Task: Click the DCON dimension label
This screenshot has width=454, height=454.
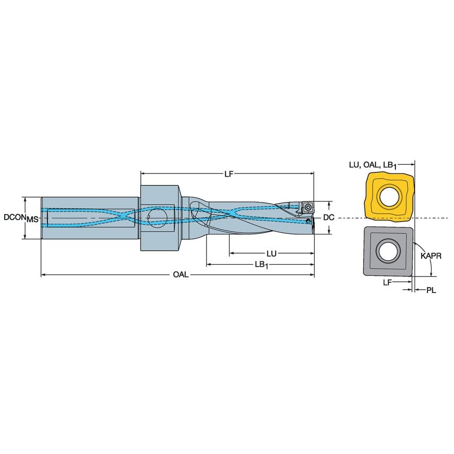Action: tap(13, 218)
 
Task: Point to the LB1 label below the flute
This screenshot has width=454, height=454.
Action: tap(260, 265)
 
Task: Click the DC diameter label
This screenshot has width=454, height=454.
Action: tap(329, 218)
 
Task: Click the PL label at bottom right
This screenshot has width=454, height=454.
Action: tap(431, 291)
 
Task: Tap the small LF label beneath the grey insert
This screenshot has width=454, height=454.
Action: tap(388, 283)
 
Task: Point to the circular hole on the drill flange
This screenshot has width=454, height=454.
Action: tap(156, 216)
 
